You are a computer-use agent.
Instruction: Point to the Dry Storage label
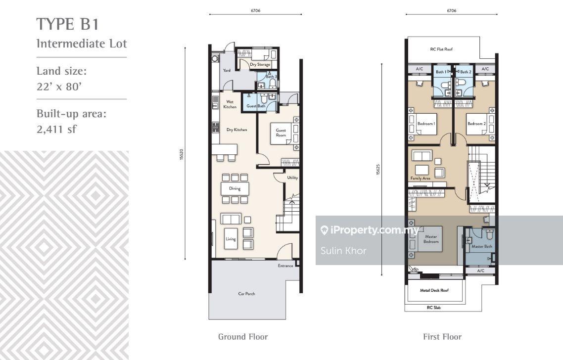coord(260,64)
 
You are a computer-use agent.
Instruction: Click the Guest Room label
coord(281,133)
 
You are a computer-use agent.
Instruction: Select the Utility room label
coord(292,177)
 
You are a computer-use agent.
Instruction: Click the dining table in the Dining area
coord(235,188)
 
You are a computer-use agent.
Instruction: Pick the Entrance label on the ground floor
coord(285,266)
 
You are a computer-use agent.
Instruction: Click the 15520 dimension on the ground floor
coord(182,153)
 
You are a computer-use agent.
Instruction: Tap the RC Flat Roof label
coord(441,49)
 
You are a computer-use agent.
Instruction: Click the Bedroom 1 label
coord(426,124)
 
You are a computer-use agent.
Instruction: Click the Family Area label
coord(420,178)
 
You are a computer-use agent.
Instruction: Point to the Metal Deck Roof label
coord(434,291)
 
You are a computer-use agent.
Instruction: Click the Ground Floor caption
coord(243,337)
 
